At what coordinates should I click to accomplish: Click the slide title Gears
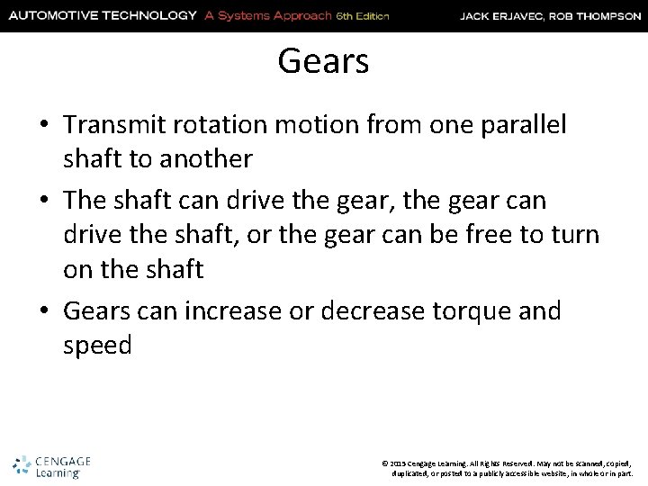tap(323, 61)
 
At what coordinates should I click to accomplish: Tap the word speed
tap(98, 345)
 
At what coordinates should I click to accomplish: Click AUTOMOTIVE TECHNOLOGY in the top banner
tap(102, 15)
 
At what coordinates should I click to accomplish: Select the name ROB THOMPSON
tap(596, 15)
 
